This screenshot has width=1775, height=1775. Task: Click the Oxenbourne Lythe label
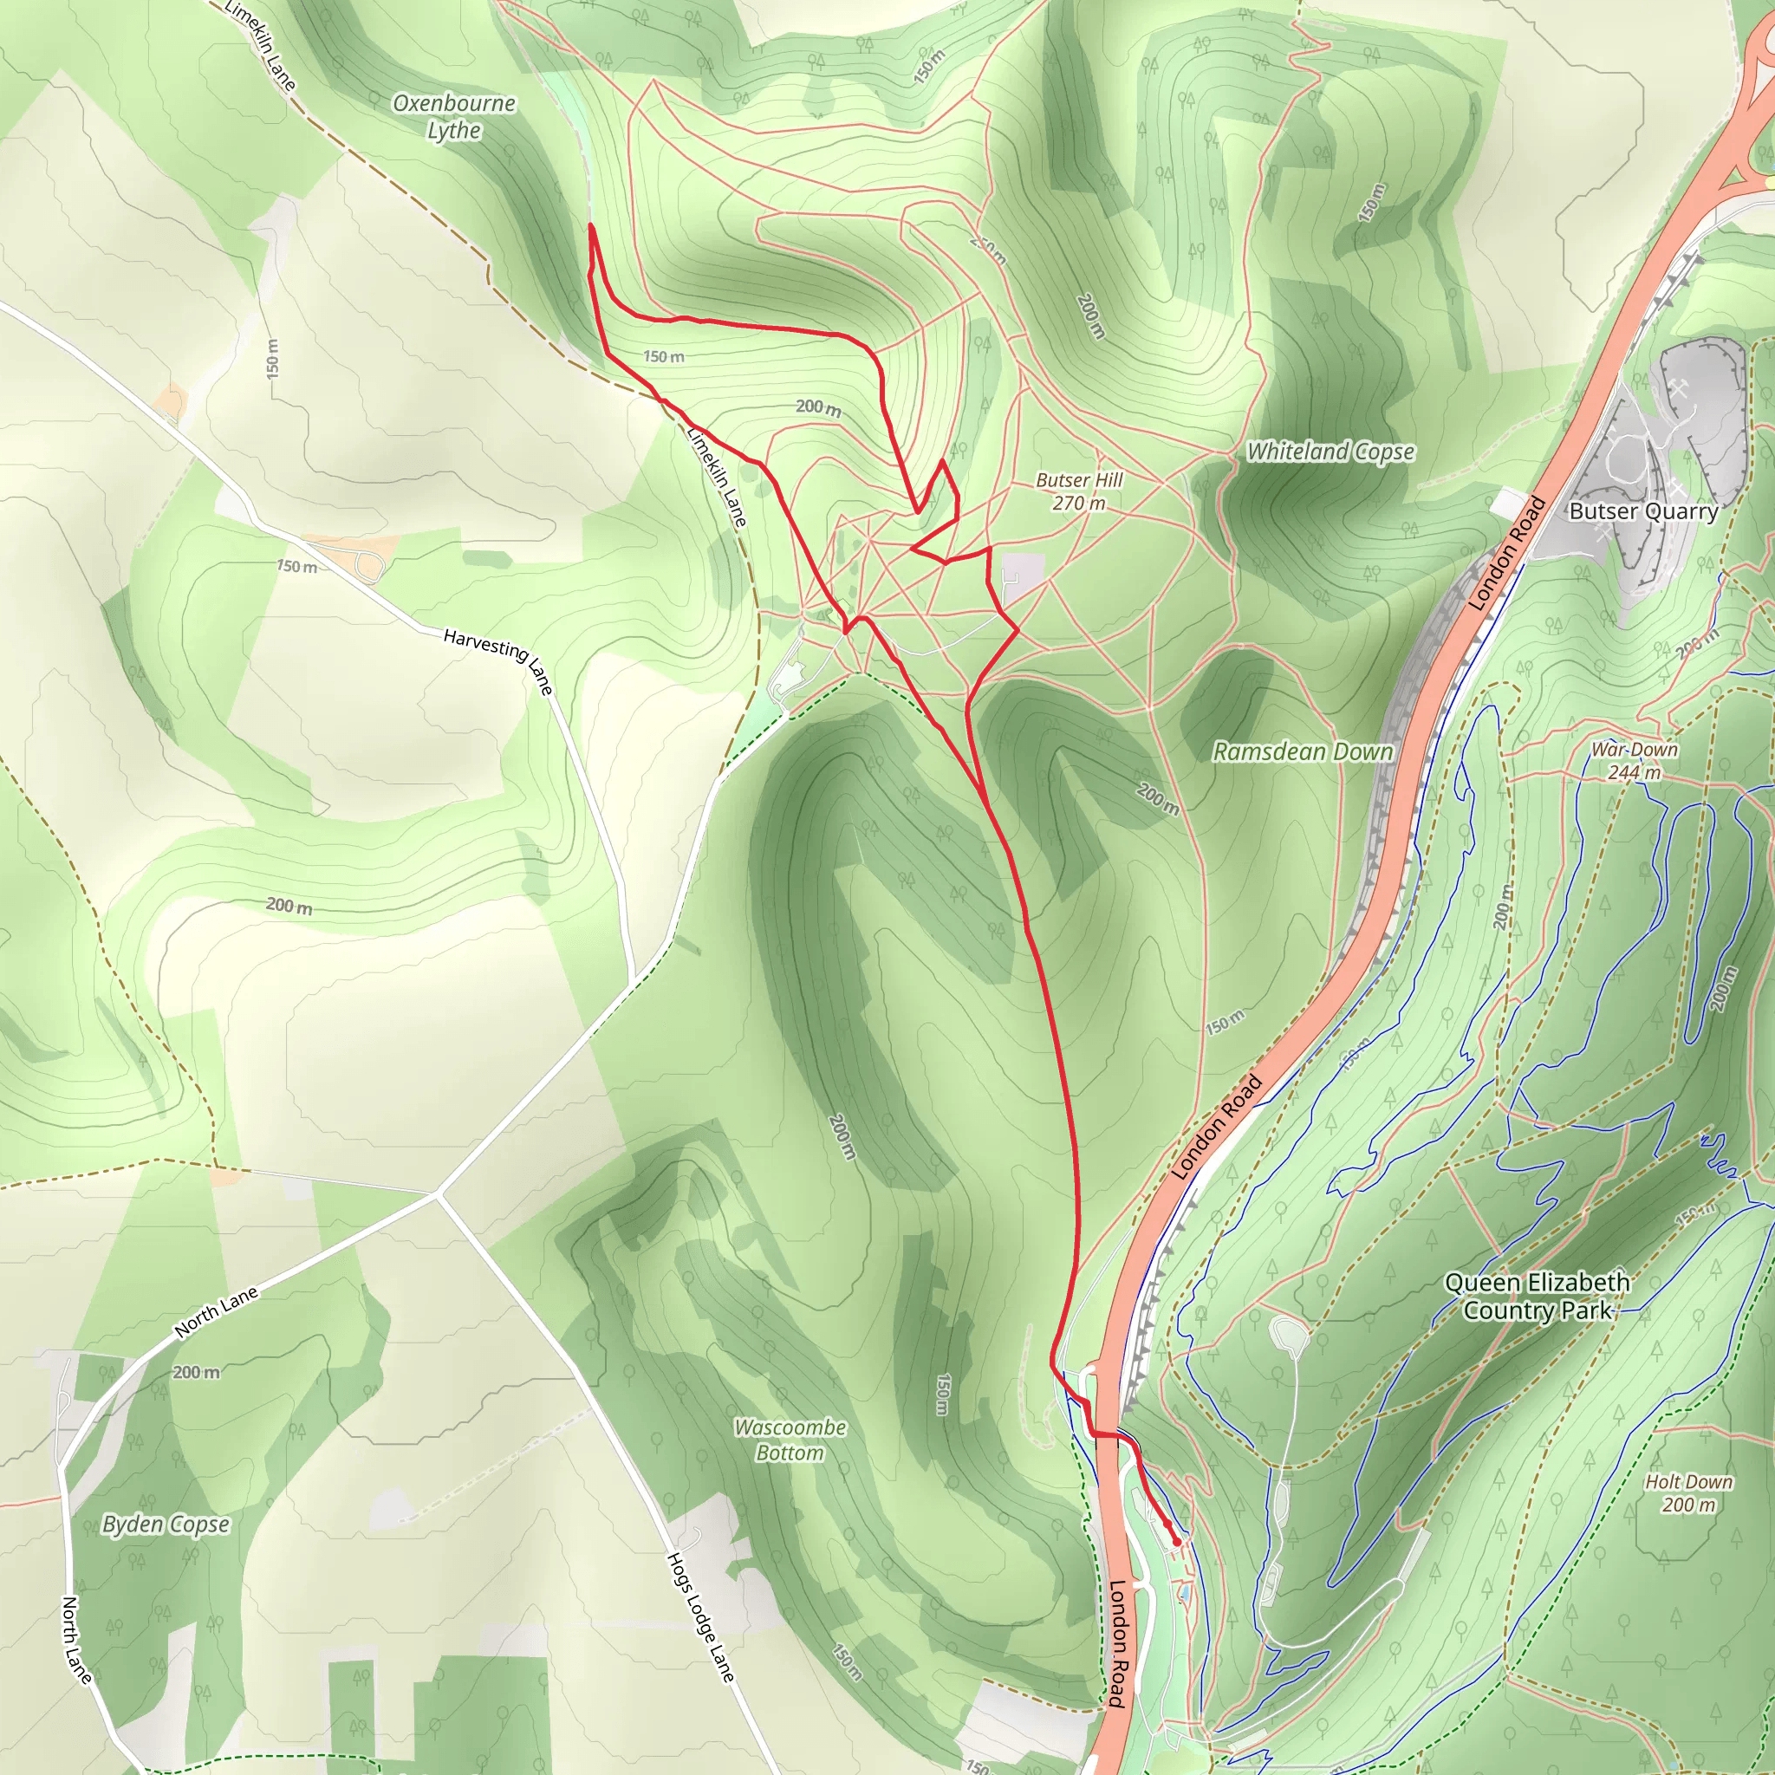(454, 117)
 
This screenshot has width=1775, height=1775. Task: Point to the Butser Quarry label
(1642, 511)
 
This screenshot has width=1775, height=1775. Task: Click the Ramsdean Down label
(1302, 751)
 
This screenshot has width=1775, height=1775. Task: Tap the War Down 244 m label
(1635, 761)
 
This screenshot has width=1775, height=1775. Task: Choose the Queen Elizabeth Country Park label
(1537, 1296)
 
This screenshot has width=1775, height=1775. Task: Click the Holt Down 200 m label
(1687, 1493)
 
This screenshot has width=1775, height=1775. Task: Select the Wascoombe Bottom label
(790, 1440)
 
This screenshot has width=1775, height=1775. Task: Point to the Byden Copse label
(166, 1525)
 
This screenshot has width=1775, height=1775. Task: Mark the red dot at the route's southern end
(1176, 1543)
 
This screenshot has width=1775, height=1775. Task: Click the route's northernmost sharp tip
(591, 225)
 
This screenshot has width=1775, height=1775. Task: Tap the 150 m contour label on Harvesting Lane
(296, 567)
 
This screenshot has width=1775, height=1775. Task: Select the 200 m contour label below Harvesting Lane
(289, 906)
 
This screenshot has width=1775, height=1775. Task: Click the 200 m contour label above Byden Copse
(196, 1372)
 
